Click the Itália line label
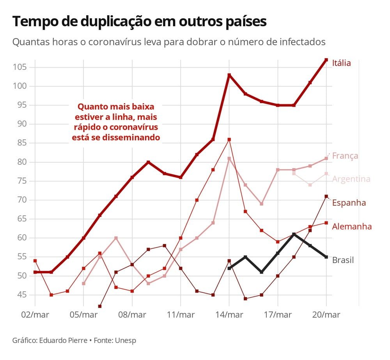click(341, 63)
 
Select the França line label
click(345, 156)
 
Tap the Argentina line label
click(351, 179)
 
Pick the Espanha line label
click(349, 203)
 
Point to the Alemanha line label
click(352, 226)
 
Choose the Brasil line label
click(343, 260)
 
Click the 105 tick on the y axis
click(19, 67)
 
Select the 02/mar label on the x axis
click(35, 315)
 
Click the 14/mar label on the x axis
click(229, 315)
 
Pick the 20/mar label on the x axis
click(326, 315)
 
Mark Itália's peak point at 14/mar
click(229, 75)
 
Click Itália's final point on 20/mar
click(326, 60)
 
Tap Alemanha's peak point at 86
click(229, 139)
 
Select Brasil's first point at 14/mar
click(229, 268)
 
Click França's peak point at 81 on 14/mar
click(229, 159)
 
